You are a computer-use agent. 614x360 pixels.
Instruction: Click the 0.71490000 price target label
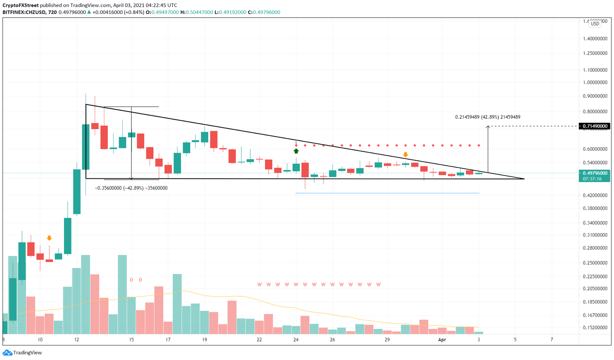click(x=595, y=126)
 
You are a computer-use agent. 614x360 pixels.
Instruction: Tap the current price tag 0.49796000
click(x=595, y=173)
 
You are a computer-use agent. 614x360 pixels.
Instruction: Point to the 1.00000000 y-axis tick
click(x=595, y=83)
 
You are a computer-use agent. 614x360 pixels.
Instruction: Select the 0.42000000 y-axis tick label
click(x=595, y=195)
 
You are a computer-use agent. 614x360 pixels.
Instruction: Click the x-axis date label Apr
click(x=442, y=340)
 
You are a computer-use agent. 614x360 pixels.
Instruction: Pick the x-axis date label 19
click(x=205, y=340)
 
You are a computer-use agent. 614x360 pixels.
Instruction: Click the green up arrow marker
click(x=296, y=151)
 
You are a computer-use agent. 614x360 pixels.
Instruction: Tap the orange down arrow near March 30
click(x=405, y=154)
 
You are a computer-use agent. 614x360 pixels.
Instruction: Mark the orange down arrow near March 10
click(x=49, y=238)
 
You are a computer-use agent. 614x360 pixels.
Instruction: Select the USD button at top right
click(x=595, y=24)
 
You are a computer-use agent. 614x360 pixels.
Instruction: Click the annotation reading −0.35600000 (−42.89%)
click(x=131, y=188)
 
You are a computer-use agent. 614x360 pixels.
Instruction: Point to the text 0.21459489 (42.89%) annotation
click(x=487, y=117)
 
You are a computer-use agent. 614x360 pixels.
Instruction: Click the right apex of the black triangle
click(x=524, y=179)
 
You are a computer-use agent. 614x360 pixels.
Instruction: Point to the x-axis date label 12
click(x=77, y=340)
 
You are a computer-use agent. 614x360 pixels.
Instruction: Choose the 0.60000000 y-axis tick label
click(x=595, y=149)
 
